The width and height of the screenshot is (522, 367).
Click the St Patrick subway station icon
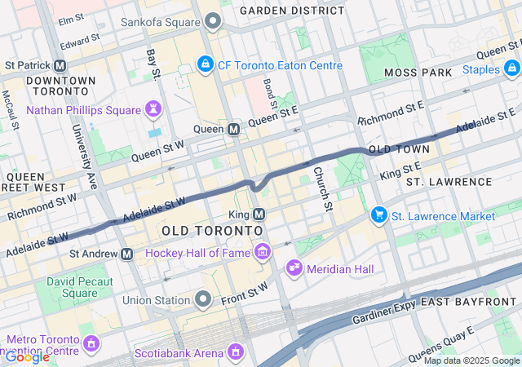60,65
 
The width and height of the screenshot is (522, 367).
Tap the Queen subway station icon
233,129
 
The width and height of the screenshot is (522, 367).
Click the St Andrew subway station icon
127,254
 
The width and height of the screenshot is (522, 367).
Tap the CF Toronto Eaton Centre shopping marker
205,64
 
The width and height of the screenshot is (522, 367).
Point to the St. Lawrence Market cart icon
378,215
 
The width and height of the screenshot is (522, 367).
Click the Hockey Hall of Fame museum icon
262,253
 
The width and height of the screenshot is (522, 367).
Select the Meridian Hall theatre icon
294,268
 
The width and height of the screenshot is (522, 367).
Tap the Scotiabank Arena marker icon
236,352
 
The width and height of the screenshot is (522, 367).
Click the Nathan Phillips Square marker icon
153,108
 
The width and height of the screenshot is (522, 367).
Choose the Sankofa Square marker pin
213,20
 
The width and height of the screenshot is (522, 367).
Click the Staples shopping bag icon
512,69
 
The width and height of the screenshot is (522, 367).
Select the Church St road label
322,187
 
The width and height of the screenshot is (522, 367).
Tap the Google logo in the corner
27,357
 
